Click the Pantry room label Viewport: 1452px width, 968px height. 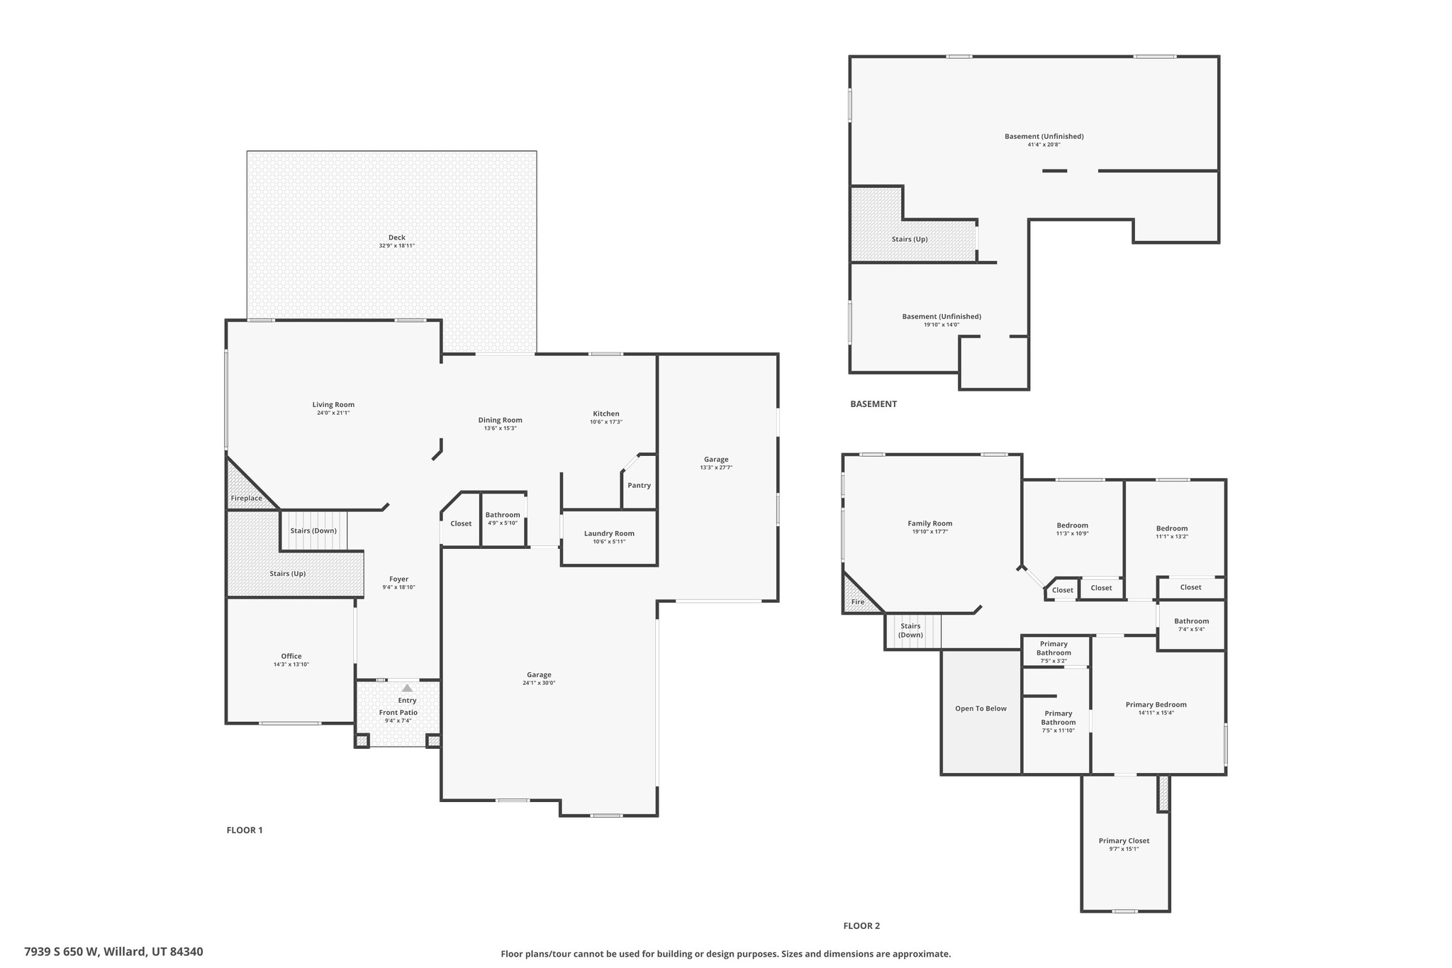pos(639,486)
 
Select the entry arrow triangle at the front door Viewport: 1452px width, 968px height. pos(407,688)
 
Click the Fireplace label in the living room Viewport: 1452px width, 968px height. pos(246,499)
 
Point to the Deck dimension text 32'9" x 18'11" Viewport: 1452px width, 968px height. pos(396,246)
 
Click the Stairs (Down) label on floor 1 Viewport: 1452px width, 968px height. pos(313,530)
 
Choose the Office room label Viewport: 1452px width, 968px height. pos(291,656)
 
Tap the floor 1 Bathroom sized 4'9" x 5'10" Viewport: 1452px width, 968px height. pos(503,518)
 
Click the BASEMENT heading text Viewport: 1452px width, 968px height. pos(873,404)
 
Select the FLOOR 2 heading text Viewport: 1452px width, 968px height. pos(861,925)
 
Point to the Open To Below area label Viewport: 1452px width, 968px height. pos(981,708)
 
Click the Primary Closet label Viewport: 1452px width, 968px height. pos(1124,841)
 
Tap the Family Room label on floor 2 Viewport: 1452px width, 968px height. pos(929,523)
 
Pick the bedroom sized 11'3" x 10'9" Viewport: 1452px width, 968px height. pos(1072,529)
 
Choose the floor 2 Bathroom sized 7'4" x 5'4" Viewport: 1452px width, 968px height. pos(1191,625)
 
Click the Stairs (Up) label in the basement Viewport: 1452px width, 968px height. pos(910,239)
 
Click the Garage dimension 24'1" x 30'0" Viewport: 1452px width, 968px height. pos(539,683)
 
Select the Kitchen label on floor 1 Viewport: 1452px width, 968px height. pos(605,413)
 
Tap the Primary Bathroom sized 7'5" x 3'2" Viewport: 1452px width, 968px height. pos(1054,652)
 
